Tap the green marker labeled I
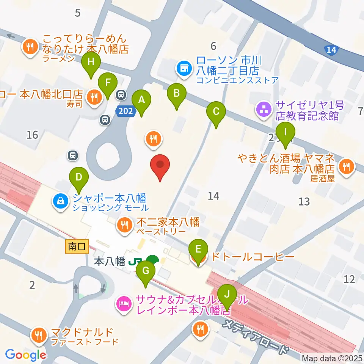point(286,133)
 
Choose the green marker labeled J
point(227,295)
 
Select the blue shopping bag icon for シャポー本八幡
point(61,202)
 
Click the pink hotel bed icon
point(124,303)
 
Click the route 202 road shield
point(125,111)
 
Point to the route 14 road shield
point(331,49)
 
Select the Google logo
point(25,355)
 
